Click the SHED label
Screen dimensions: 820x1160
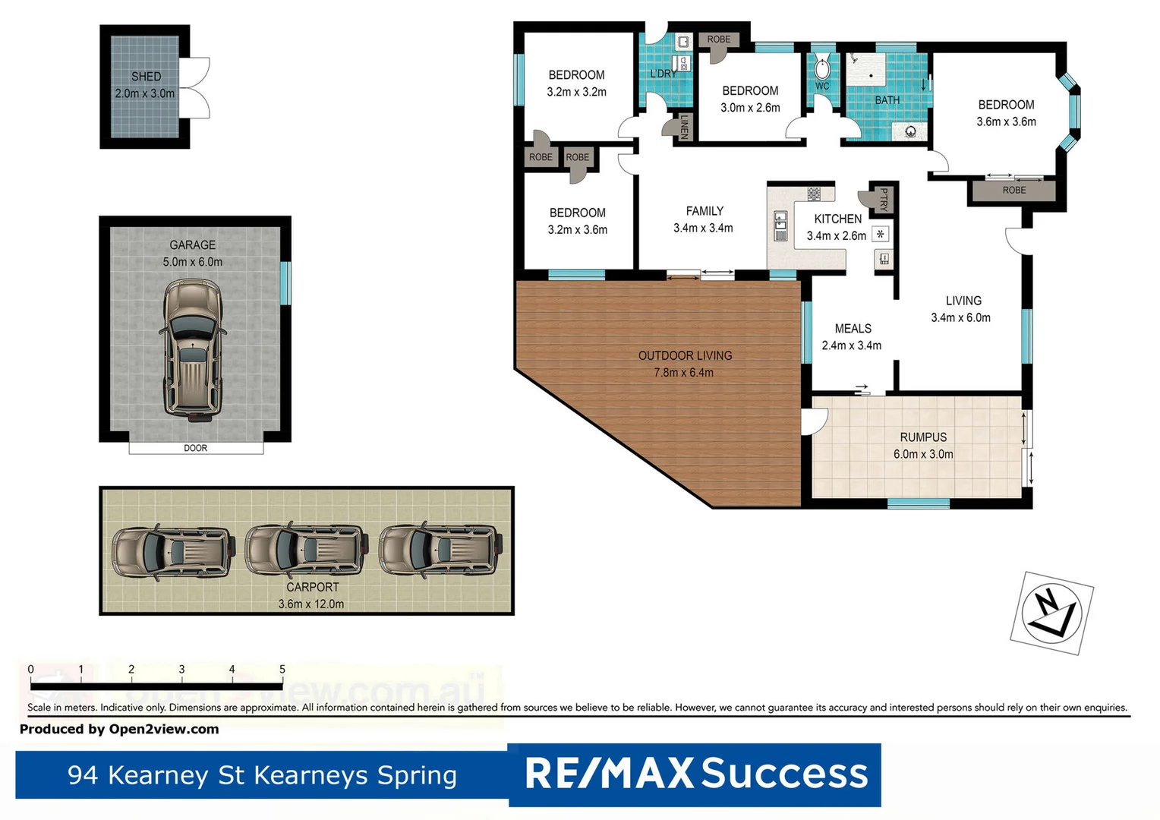pos(146,77)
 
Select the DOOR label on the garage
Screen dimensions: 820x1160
pos(195,448)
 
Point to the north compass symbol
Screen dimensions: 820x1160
pos(1051,613)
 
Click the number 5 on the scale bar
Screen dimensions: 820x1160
pos(282,670)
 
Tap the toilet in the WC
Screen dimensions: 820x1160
pos(823,69)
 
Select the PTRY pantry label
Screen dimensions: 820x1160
pos(883,200)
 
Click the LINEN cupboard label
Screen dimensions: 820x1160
pos(683,127)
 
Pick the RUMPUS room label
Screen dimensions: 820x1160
pos(923,437)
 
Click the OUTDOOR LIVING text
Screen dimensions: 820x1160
pos(685,355)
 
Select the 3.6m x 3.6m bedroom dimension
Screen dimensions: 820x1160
pos(1006,121)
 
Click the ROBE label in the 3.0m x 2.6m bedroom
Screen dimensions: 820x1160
pos(718,39)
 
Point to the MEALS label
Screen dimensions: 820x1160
pos(853,329)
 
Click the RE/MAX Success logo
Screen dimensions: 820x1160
pos(695,774)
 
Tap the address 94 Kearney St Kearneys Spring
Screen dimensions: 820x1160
pos(262,775)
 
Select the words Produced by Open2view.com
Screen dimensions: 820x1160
pos(119,729)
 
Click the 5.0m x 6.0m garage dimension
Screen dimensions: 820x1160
pos(192,262)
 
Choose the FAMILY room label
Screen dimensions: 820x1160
pos(705,211)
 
